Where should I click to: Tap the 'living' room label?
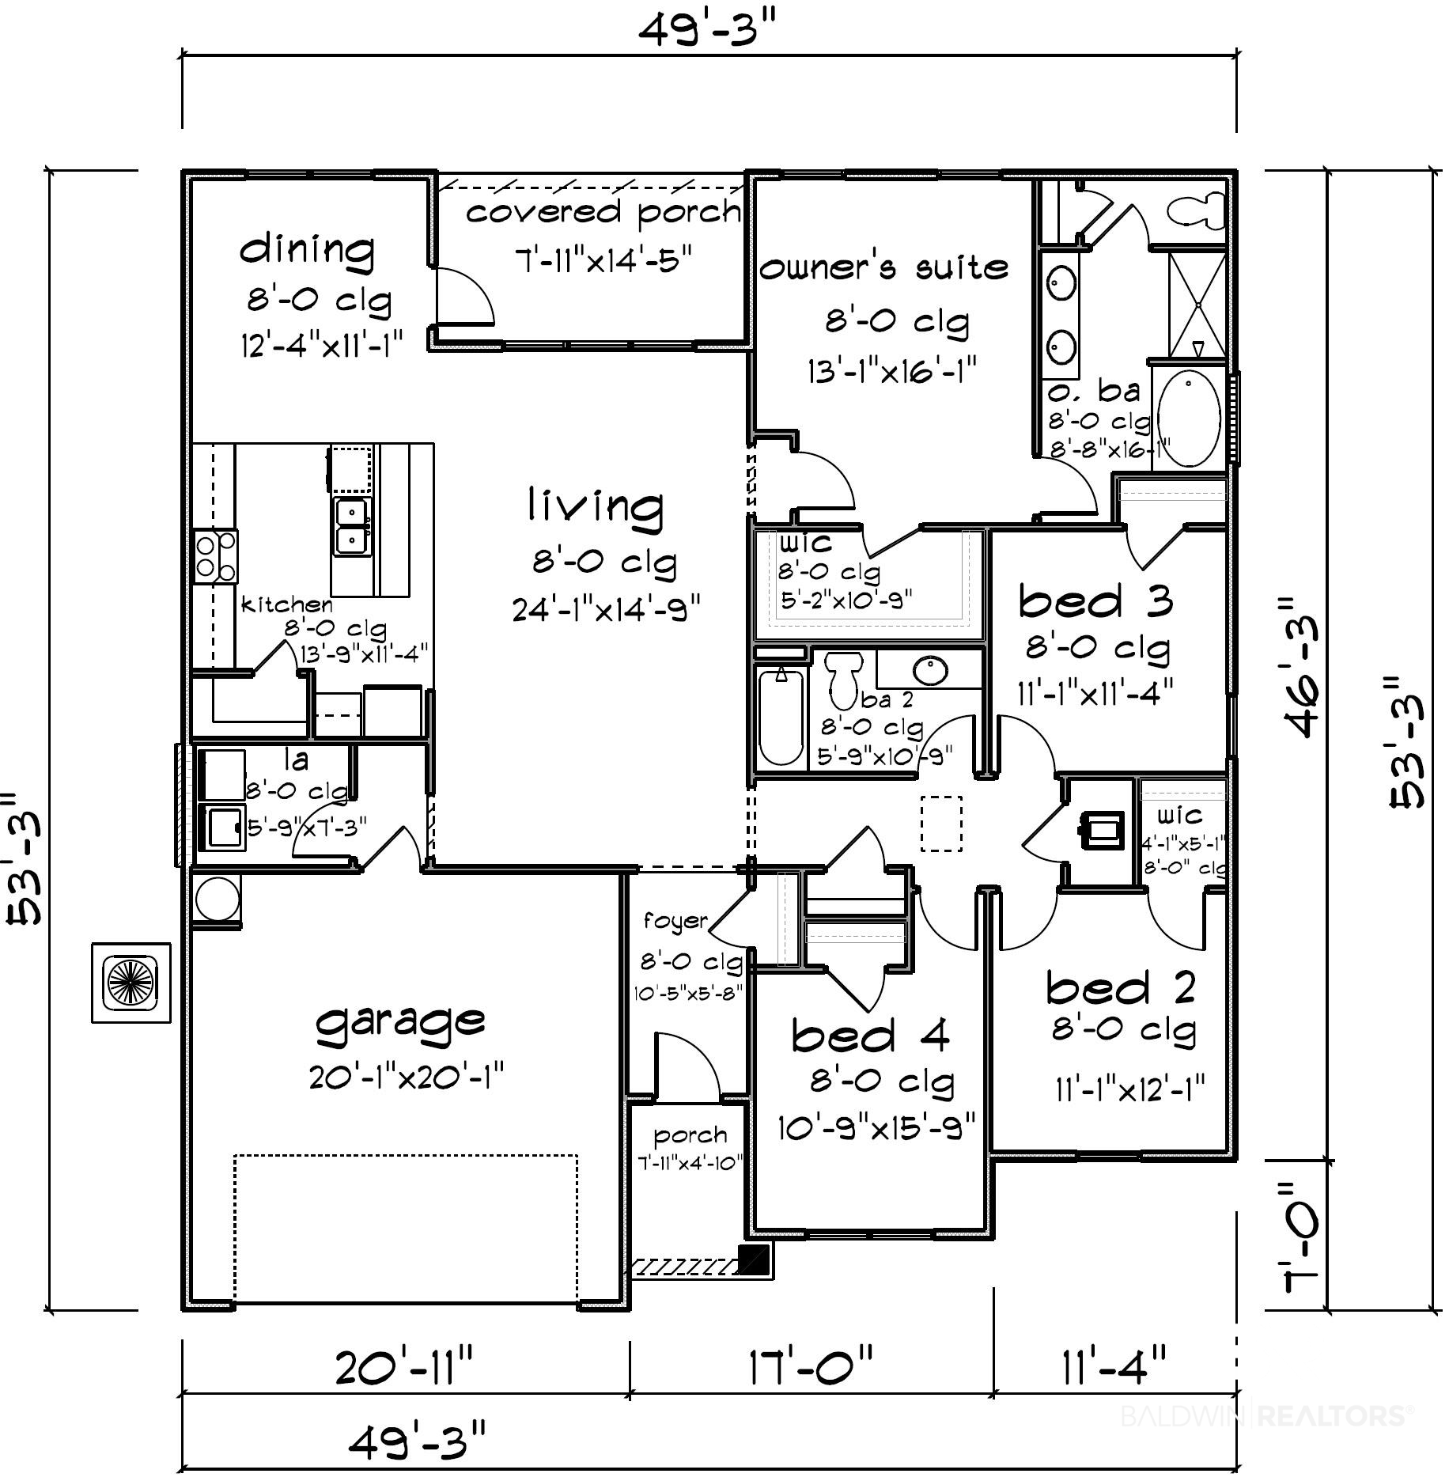pos(596,507)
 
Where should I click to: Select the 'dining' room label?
pos(308,250)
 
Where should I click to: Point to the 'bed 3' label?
pos(1095,601)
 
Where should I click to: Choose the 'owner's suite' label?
pos(884,267)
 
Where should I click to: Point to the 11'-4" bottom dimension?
pos(1114,1367)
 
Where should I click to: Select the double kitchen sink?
pos(352,528)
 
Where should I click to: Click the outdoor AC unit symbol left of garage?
pos(131,983)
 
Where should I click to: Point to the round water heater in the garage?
pos(214,899)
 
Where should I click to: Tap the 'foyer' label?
pos(675,922)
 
